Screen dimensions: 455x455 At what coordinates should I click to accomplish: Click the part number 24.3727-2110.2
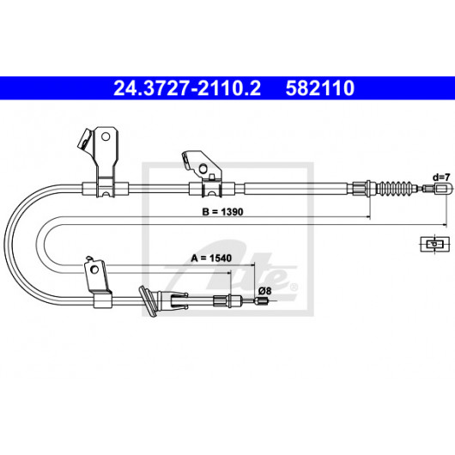tap(187, 88)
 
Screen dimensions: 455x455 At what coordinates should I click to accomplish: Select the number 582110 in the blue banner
tap(320, 88)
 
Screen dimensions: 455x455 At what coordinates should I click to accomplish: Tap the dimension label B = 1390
tap(222, 212)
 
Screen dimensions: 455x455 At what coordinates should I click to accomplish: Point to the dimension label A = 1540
tap(211, 258)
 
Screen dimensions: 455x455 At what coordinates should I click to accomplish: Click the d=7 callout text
tap(441, 177)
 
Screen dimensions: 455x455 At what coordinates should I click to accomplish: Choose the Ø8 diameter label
tap(264, 290)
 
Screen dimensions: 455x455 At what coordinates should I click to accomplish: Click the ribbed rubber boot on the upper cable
tap(396, 188)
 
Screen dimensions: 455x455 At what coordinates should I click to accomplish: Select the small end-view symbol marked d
tap(435, 244)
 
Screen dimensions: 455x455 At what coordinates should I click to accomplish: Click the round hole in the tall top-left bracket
tap(106, 136)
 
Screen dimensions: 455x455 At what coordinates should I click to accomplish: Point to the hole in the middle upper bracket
tap(203, 168)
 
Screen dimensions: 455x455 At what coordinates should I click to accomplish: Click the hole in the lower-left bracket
tap(94, 270)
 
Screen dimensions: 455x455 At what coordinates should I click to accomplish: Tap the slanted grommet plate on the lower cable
tap(148, 301)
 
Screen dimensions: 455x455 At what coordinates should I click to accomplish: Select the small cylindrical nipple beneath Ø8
tap(261, 301)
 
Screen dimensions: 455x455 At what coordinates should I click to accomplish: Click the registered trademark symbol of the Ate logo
tap(294, 288)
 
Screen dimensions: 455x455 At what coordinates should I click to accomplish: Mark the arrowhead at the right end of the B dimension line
tap(368, 216)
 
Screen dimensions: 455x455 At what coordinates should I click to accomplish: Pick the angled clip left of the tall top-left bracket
tap(86, 139)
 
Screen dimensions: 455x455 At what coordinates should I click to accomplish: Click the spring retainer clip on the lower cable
tap(179, 300)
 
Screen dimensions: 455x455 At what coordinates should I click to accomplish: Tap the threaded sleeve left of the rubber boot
tap(361, 188)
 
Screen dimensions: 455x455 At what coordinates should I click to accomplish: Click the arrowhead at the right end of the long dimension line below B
tap(444, 225)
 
